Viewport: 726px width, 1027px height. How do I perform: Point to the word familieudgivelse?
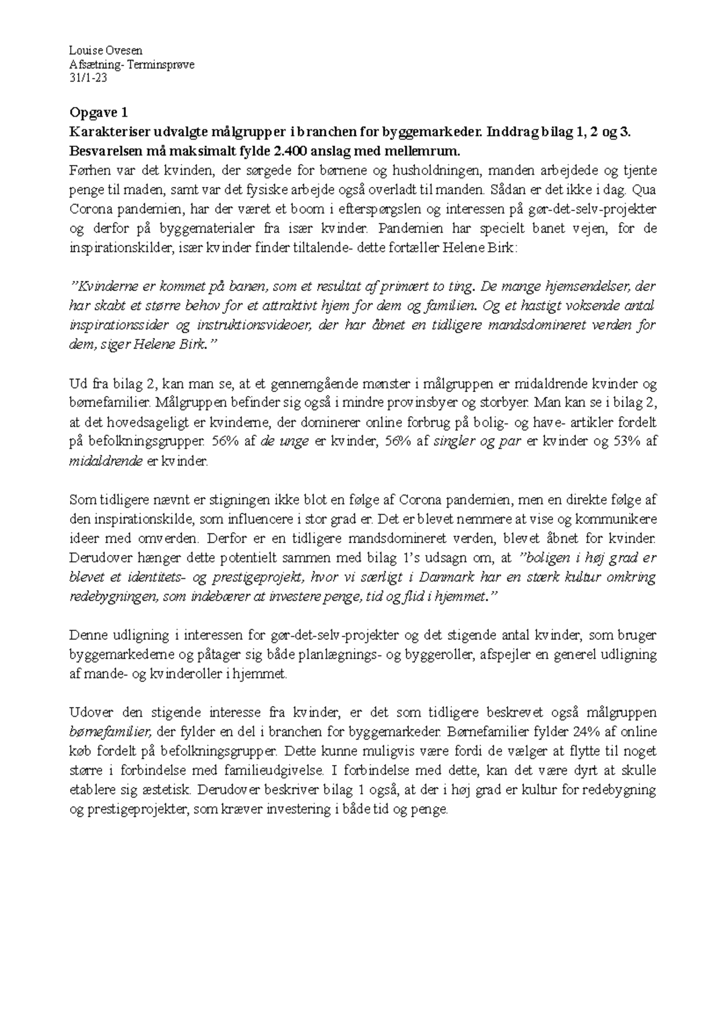pos(275,770)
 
